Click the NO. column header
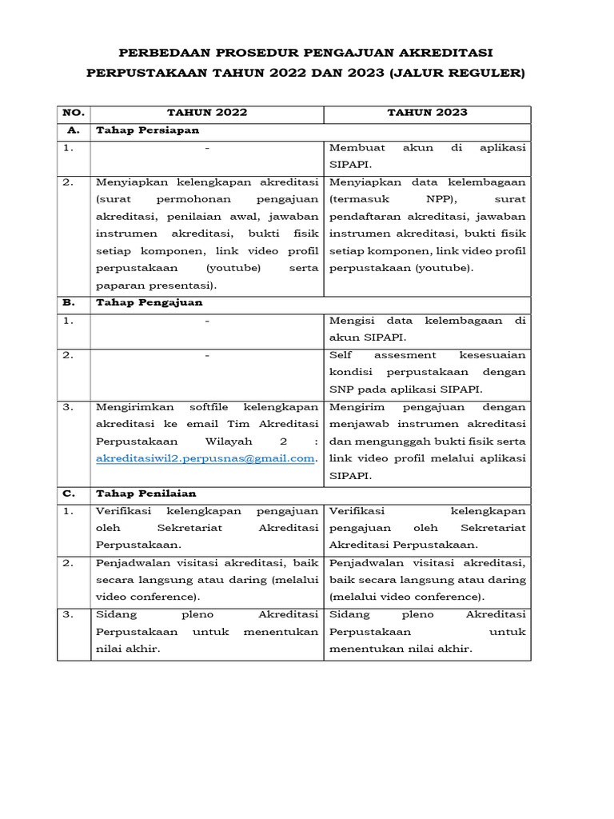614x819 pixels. [74, 113]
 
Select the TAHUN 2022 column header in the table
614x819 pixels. [207, 113]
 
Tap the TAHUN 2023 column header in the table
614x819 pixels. [427, 113]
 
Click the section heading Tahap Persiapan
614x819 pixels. [147, 130]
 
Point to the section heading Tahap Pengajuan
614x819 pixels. [149, 302]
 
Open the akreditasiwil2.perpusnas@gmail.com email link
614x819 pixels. [205, 458]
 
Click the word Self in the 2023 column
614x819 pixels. [341, 354]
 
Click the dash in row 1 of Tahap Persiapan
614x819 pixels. [207, 148]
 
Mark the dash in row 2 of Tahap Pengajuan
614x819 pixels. [207, 354]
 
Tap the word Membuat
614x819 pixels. [357, 148]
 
